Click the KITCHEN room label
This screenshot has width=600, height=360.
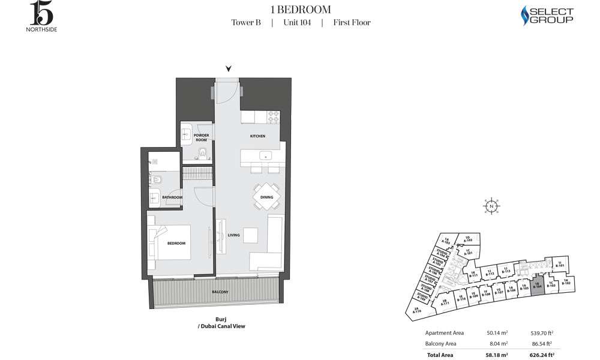[257, 136]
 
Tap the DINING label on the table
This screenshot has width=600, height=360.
[266, 196]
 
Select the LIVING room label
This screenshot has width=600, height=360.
[234, 235]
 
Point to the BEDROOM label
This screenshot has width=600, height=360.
[176, 243]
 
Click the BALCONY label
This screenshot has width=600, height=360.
[220, 292]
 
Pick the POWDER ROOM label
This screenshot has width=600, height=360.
[201, 137]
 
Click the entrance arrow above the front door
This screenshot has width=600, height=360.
[228, 68]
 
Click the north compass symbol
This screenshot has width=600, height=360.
[491, 206]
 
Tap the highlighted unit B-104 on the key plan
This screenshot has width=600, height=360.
[538, 286]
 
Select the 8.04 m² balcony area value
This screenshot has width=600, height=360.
[499, 344]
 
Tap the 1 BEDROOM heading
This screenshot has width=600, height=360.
[301, 9]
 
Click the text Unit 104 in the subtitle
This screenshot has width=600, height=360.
[296, 23]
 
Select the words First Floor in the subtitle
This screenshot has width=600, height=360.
[352, 23]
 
